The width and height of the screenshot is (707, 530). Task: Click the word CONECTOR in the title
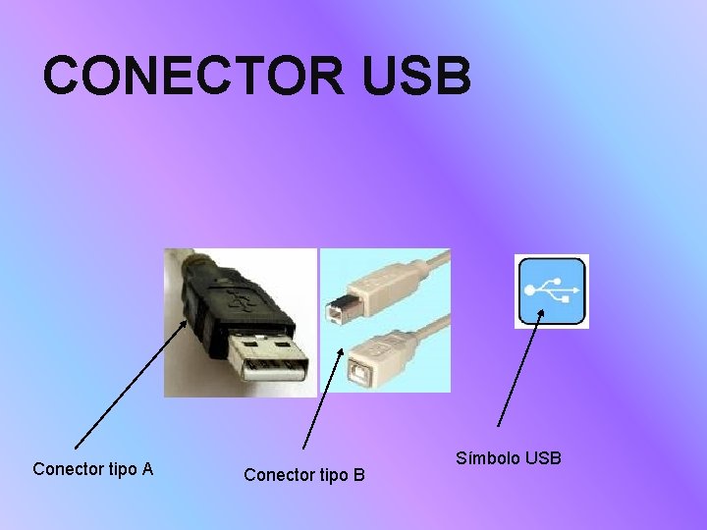196,77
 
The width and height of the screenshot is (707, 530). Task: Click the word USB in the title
417,77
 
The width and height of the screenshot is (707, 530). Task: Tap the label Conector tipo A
92,468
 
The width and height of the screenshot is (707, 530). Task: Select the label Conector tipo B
304,475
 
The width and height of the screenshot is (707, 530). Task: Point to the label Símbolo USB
509,458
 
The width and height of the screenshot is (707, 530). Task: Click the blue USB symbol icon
552,291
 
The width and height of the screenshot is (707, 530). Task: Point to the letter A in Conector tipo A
147,468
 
